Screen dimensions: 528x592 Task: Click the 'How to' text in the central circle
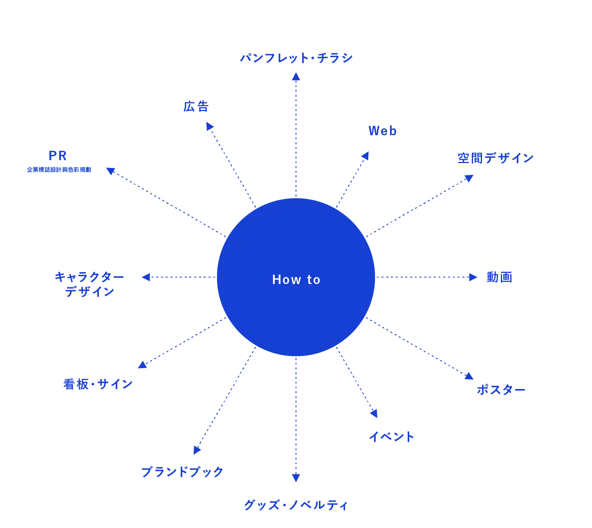tap(296, 280)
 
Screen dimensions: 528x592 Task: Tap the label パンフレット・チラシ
tap(296, 58)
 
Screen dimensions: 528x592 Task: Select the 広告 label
tap(196, 107)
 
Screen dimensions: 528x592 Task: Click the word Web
tap(383, 131)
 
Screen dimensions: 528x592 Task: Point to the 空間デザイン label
tap(495, 158)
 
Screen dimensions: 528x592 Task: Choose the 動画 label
tap(498, 278)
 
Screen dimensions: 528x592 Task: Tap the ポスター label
tap(501, 390)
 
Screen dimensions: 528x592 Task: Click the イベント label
tap(392, 437)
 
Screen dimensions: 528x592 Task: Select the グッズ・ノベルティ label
tap(296, 506)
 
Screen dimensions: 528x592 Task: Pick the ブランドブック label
tap(182, 472)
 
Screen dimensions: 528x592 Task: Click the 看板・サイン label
tap(98, 384)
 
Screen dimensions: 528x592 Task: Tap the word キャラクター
tap(89, 278)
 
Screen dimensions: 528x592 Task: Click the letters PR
tap(58, 155)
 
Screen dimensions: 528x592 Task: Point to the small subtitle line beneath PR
tap(59, 170)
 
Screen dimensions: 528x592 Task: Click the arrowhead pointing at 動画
tap(473, 277)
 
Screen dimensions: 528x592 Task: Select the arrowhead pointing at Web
tap(366, 156)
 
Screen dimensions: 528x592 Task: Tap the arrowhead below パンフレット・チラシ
tap(296, 76)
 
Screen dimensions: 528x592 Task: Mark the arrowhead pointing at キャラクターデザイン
tap(145, 277)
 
